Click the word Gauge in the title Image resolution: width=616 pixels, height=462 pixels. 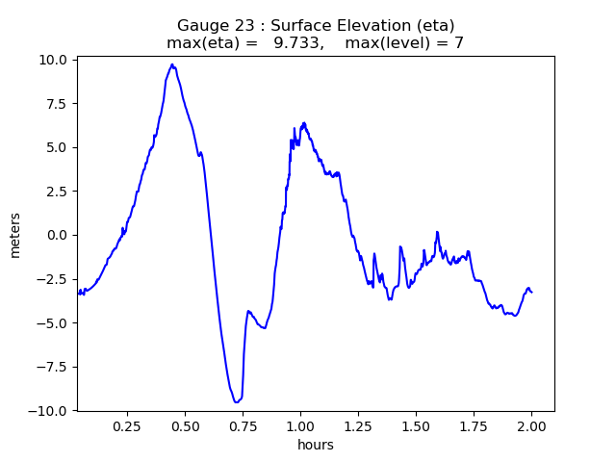(199, 26)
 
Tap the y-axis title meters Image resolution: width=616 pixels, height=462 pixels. (15, 235)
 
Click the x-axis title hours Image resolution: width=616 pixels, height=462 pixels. (316, 445)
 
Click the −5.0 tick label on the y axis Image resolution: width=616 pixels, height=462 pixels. (55, 322)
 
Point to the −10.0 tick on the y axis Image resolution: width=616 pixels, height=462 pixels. (51, 410)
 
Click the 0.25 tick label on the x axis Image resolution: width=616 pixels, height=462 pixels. (127, 425)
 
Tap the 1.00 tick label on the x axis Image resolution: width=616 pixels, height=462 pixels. (300, 425)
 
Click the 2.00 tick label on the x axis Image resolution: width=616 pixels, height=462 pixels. (531, 425)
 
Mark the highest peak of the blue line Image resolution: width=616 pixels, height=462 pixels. (172, 64)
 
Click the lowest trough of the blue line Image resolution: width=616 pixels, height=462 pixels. (235, 402)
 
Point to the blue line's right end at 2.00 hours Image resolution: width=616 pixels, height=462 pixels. (531, 291)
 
